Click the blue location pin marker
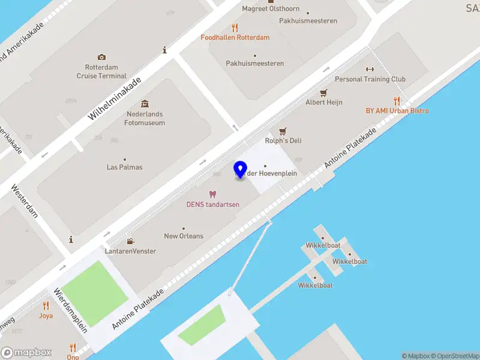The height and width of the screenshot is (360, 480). pyautogui.click(x=241, y=170)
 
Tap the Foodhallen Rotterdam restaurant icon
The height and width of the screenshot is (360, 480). pyautogui.click(x=235, y=28)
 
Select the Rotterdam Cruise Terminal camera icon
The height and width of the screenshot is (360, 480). pyautogui.click(x=101, y=57)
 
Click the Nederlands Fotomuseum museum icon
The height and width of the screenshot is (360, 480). pyautogui.click(x=145, y=104)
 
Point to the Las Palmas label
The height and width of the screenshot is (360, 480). pyautogui.click(x=125, y=167)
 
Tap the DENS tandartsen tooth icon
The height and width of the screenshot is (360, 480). pyautogui.click(x=212, y=194)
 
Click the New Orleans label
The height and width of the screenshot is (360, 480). pyautogui.click(x=184, y=236)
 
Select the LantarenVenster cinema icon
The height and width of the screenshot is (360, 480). pyautogui.click(x=130, y=241)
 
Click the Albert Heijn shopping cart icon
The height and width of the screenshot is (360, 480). pyautogui.click(x=324, y=92)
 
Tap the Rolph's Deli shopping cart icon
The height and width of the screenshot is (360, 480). pyautogui.click(x=283, y=131)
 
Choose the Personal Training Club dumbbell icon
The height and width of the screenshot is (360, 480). pyautogui.click(x=370, y=70)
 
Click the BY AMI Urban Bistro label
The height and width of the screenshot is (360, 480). pyautogui.click(x=397, y=110)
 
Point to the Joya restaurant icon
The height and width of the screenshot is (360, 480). pyautogui.click(x=46, y=305)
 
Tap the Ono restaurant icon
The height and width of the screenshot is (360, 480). pyautogui.click(x=73, y=347)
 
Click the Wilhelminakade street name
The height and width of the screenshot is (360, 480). pyautogui.click(x=115, y=98)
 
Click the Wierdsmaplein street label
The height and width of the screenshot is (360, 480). pyautogui.click(x=71, y=310)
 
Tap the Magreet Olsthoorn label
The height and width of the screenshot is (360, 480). pyautogui.click(x=271, y=8)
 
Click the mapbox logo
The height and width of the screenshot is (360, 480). pyautogui.click(x=26, y=352)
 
